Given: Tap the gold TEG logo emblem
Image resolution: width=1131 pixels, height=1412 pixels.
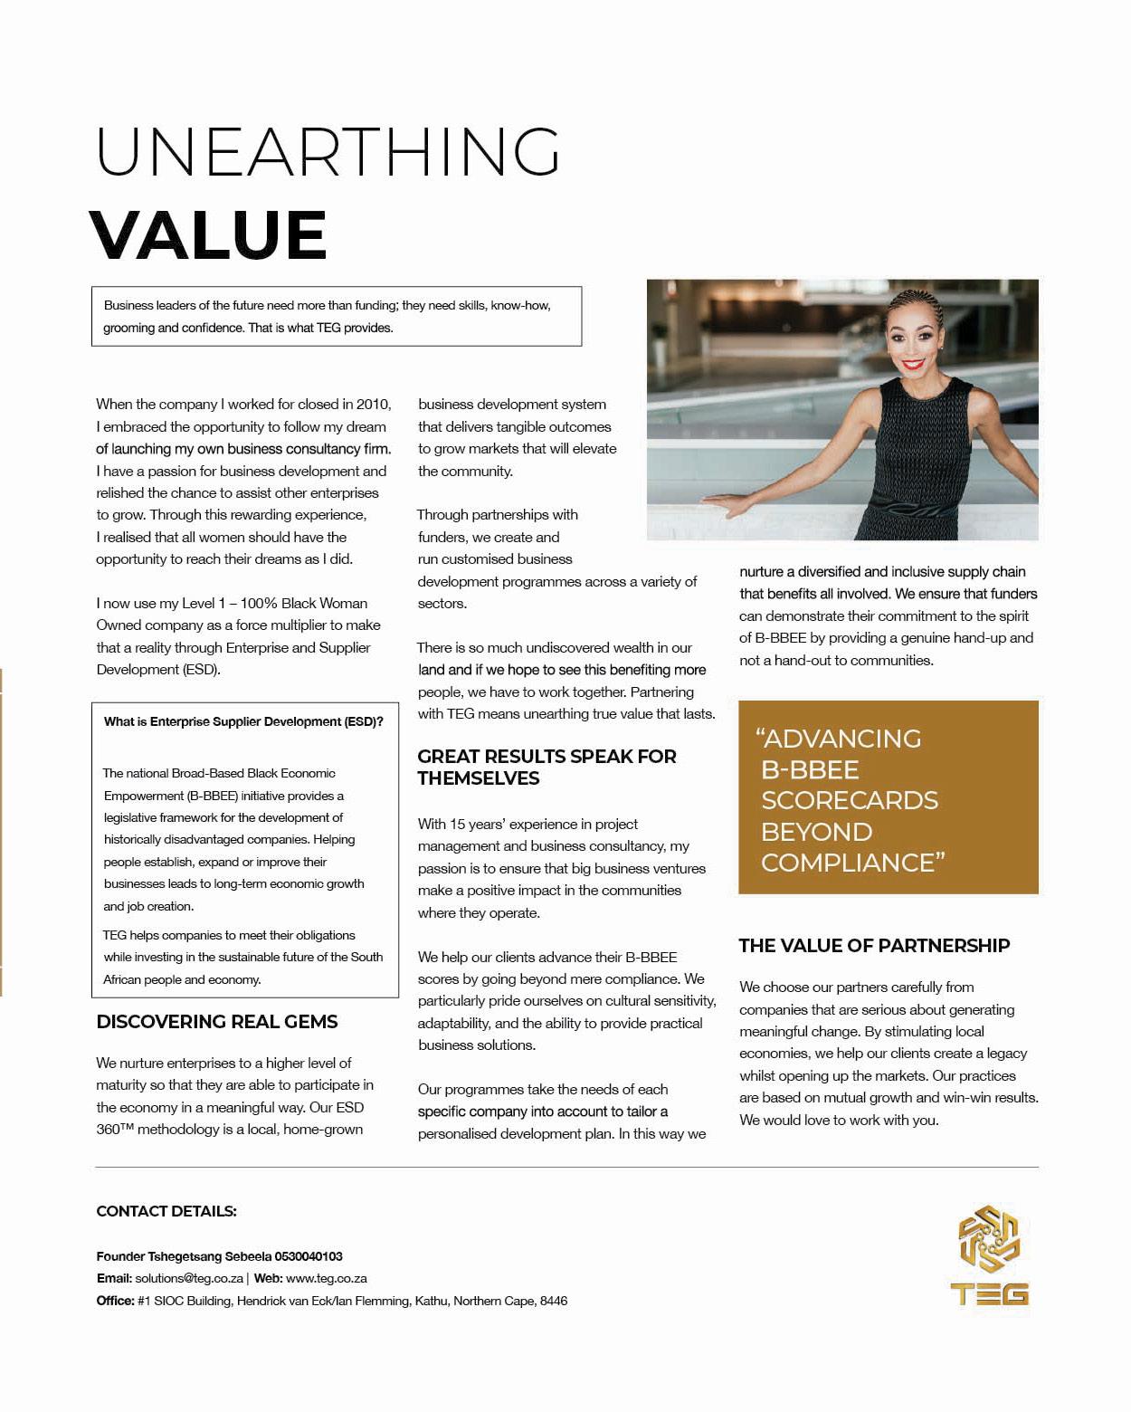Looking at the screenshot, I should (989, 1241).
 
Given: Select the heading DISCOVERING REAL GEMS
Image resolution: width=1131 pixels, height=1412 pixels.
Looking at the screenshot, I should (217, 1022).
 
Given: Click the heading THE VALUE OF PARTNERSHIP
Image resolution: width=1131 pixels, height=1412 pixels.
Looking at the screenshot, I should (874, 946).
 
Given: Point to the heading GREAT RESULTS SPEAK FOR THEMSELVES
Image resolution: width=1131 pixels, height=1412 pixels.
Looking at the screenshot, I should (546, 767).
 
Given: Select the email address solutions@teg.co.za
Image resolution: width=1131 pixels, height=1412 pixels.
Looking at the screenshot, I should (189, 1279).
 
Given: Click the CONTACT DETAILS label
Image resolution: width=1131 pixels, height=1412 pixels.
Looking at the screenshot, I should (166, 1211).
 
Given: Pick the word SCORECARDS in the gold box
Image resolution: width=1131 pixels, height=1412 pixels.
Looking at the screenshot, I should (850, 801).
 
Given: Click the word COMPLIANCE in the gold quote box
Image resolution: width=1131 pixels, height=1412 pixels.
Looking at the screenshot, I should (848, 863).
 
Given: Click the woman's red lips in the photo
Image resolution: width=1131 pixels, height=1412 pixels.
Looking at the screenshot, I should (912, 366).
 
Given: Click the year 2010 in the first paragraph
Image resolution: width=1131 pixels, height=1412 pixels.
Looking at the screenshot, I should (374, 405).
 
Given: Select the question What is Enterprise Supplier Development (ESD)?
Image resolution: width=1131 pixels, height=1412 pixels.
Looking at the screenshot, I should (243, 721).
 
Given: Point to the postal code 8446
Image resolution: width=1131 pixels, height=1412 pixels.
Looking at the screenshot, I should (553, 1301).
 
